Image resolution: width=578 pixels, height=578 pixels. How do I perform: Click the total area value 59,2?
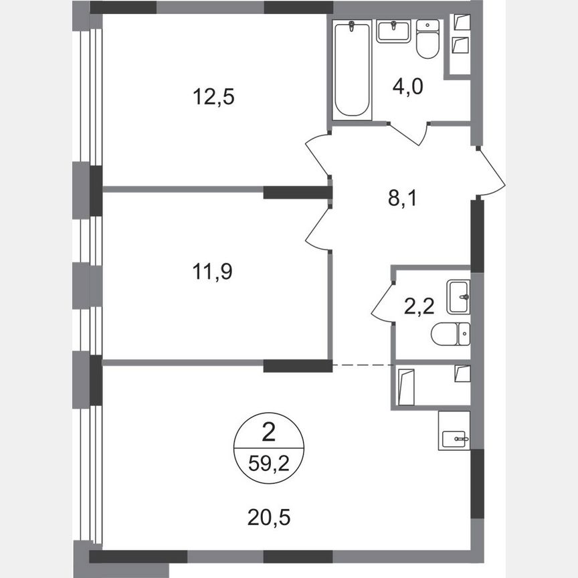click(268, 462)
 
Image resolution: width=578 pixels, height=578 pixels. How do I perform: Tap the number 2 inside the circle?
click(268, 434)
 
